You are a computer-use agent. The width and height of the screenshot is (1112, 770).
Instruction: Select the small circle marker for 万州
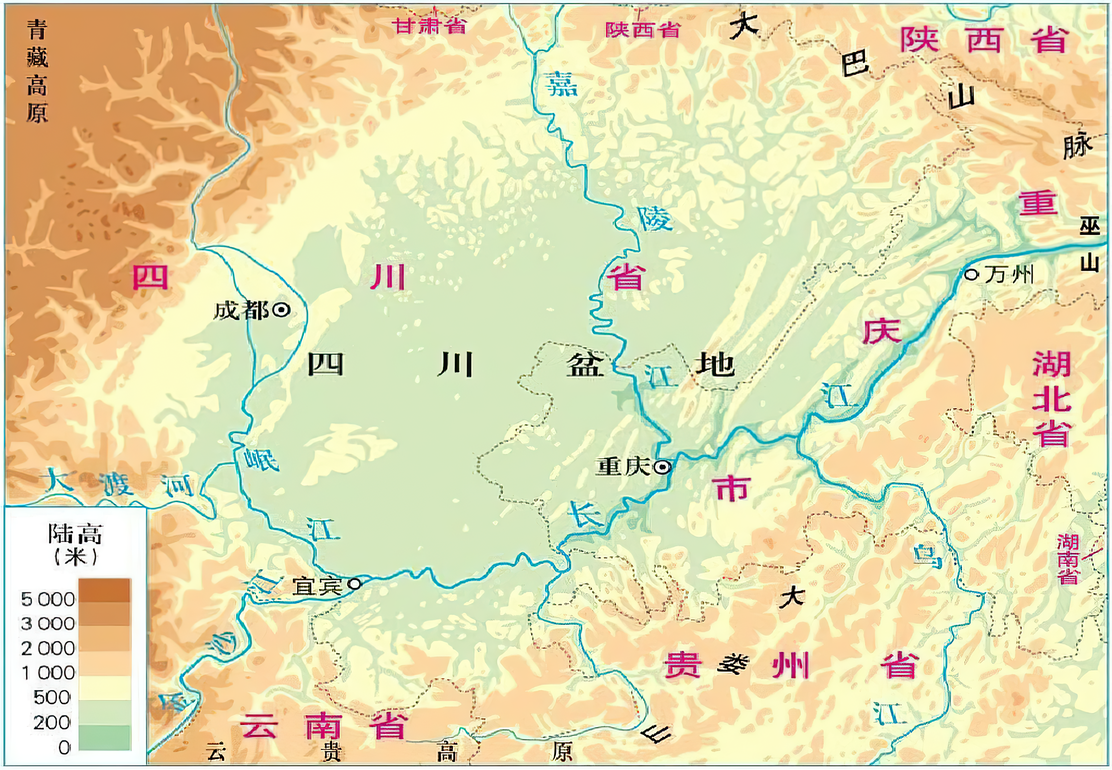971,275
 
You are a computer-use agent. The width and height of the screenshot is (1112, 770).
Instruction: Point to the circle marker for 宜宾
354,584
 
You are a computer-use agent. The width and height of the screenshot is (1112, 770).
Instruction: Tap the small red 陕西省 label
642,30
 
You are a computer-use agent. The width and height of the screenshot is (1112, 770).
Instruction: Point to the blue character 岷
260,459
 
